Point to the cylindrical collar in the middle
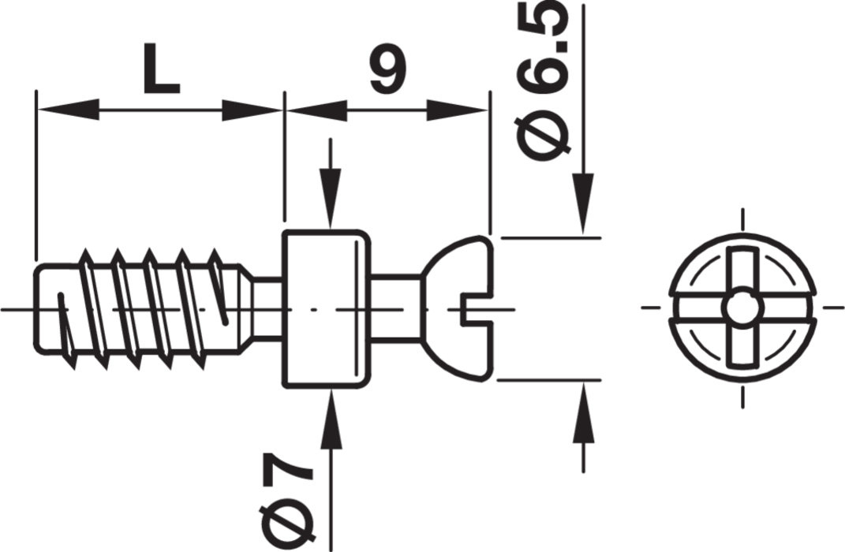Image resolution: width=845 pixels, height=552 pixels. coord(325,308)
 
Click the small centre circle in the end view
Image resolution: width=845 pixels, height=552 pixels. coord(742,308)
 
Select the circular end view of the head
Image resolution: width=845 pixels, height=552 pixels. coord(742,308)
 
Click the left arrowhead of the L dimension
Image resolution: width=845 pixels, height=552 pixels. coord(68,110)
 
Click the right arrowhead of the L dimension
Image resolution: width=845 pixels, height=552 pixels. coord(252,110)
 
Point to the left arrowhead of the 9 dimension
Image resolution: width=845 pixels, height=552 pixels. coord(316,110)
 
